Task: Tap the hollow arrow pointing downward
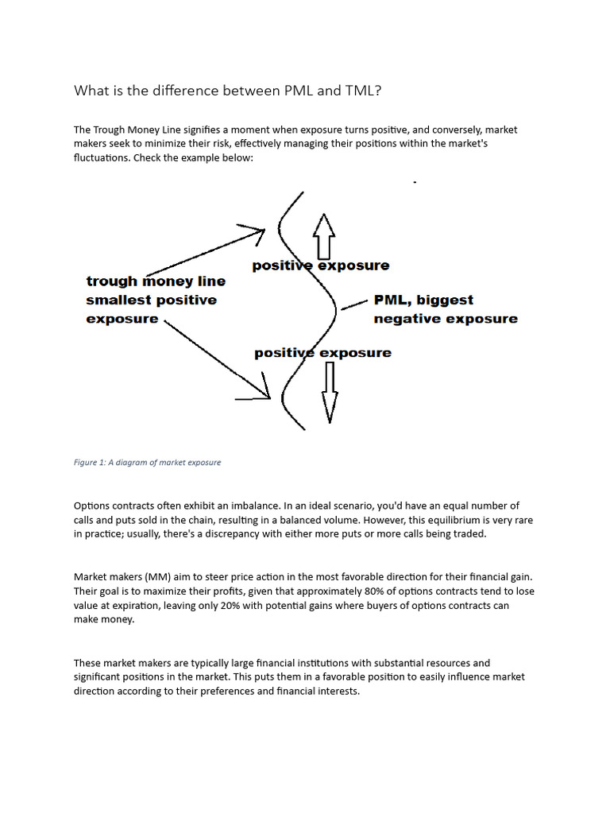click(x=329, y=393)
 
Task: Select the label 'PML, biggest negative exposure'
click(x=445, y=309)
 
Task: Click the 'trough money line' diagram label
click(x=156, y=281)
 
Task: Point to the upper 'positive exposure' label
click(x=321, y=266)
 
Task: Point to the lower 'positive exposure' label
click(x=322, y=352)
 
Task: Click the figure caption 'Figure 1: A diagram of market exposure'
click(x=147, y=463)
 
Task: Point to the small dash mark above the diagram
click(x=415, y=183)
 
